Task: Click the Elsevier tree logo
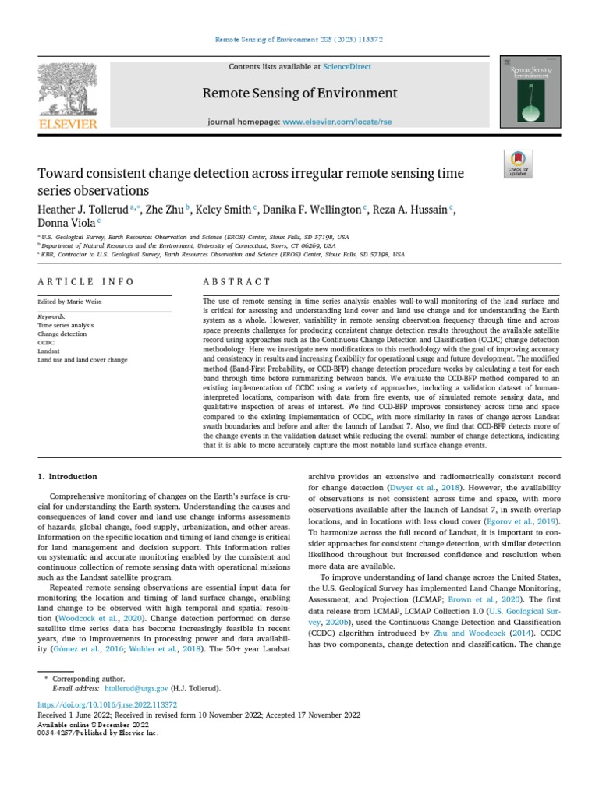tap(67, 91)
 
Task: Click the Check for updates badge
tap(518, 163)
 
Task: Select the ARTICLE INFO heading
tap(86, 281)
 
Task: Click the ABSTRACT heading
tap(236, 281)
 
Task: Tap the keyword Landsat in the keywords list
tap(48, 351)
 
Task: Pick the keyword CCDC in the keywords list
tap(45, 342)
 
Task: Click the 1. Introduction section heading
tap(68, 476)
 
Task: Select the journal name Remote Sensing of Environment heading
tap(299, 94)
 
